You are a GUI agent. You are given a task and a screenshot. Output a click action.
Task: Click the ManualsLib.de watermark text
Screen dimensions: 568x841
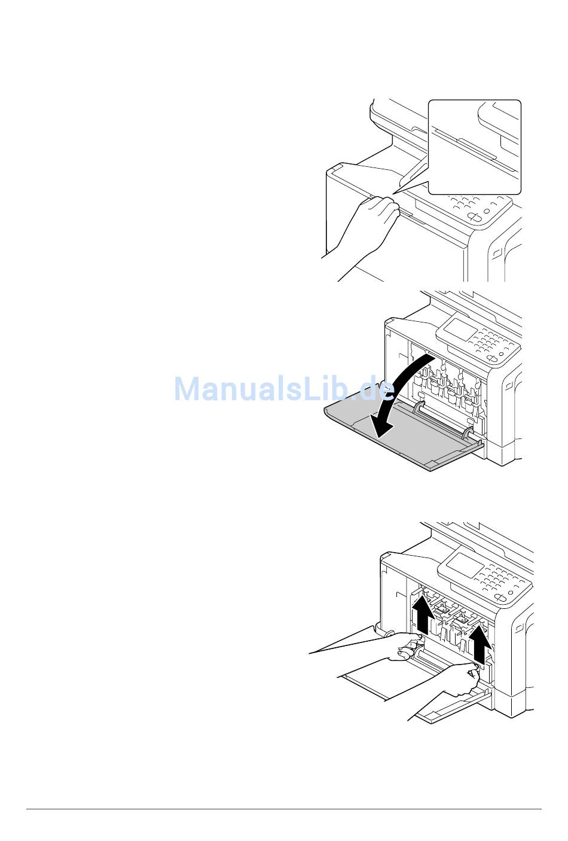[284, 389]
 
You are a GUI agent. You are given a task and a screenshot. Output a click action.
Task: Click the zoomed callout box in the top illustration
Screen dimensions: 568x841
[475, 147]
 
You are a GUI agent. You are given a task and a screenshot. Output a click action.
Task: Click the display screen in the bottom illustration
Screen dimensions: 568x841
[461, 562]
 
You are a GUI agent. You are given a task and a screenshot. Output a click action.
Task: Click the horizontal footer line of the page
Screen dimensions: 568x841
[284, 809]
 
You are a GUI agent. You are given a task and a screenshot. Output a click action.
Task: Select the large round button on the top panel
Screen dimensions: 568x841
[474, 217]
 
